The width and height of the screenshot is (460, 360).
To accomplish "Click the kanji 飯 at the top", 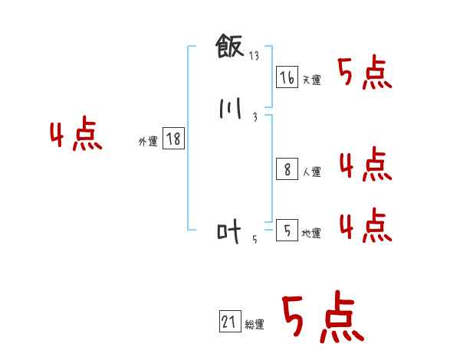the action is pyautogui.click(x=231, y=48).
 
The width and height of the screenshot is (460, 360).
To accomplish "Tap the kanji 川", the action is pyautogui.click(x=230, y=109).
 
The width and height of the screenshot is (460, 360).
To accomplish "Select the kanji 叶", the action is pyautogui.click(x=229, y=231).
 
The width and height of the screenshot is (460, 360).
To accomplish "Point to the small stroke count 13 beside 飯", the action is pyautogui.click(x=255, y=56).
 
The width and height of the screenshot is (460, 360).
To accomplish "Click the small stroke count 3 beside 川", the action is pyautogui.click(x=255, y=117).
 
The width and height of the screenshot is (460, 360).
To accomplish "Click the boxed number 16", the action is pyautogui.click(x=287, y=77).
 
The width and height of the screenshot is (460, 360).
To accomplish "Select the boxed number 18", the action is pyautogui.click(x=173, y=139).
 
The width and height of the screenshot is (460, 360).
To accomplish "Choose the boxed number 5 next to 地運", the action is pyautogui.click(x=287, y=230).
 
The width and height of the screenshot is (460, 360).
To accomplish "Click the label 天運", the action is pyautogui.click(x=311, y=80).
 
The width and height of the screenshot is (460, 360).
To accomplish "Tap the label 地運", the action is pyautogui.click(x=311, y=233).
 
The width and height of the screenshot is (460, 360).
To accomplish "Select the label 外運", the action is pyautogui.click(x=148, y=142).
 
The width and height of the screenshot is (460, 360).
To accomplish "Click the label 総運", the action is pyautogui.click(x=255, y=325).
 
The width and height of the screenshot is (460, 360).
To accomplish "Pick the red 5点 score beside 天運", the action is pyautogui.click(x=365, y=74).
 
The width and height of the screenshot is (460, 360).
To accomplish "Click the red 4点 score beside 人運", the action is pyautogui.click(x=365, y=165).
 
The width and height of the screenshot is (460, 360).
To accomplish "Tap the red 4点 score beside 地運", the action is pyautogui.click(x=365, y=224).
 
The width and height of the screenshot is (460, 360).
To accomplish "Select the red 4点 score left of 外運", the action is pyautogui.click(x=76, y=136).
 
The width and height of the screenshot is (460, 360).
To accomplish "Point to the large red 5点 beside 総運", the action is pyautogui.click(x=322, y=319).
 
